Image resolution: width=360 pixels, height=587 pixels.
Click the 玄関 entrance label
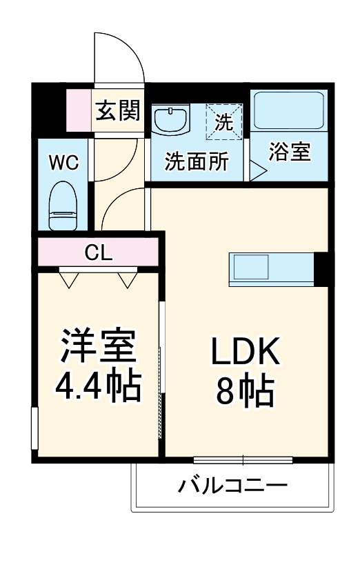point(118,110)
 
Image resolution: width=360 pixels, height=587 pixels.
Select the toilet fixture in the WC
point(63,205)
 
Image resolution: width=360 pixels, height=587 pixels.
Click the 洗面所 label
point(196,163)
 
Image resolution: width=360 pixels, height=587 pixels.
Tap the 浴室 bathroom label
point(290,152)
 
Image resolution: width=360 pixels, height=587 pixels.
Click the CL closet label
point(98,252)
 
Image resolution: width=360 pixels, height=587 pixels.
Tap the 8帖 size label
point(246,392)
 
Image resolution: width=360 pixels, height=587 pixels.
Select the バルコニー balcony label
point(232,486)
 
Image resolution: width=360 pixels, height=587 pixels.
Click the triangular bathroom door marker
point(257,170)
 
